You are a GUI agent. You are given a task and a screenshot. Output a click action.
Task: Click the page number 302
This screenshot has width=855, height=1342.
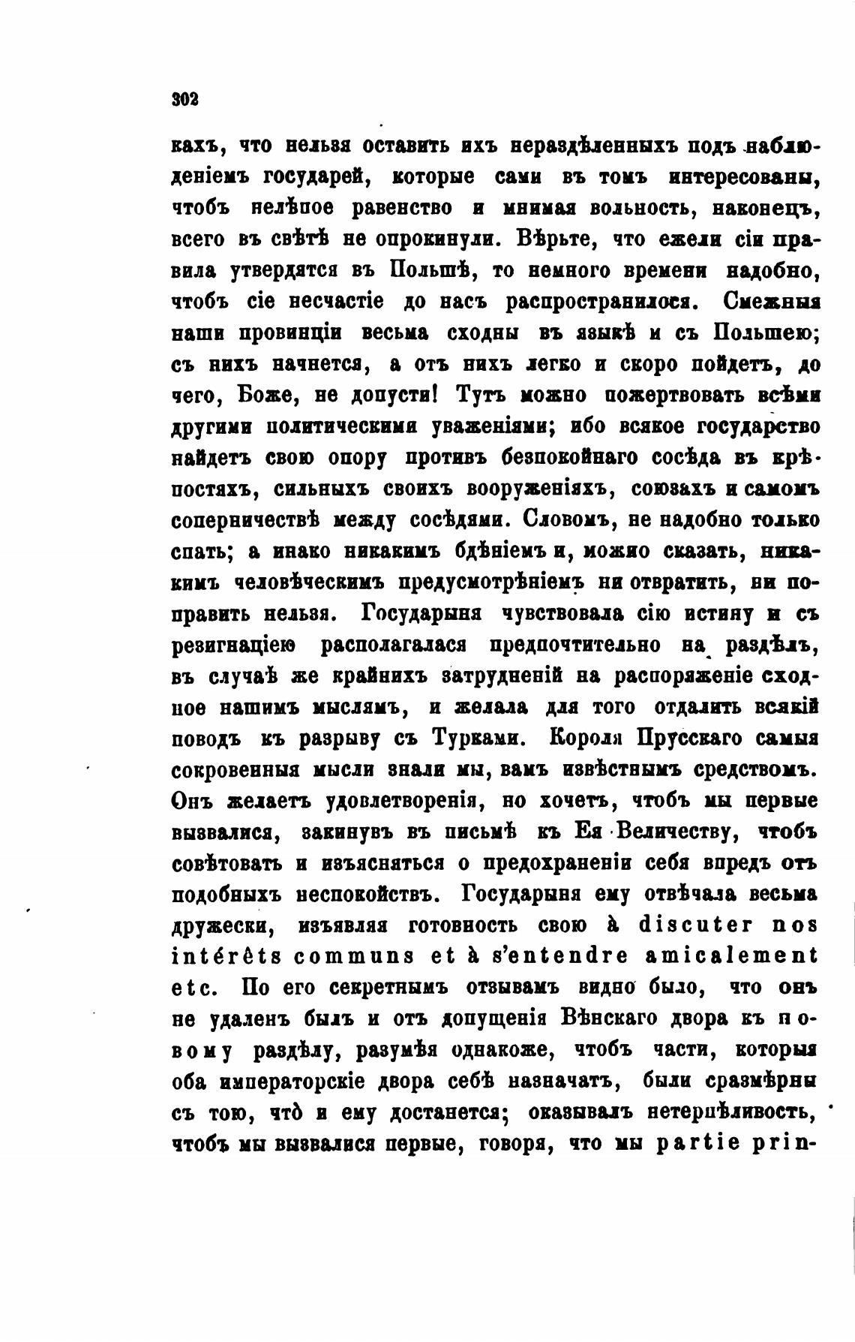click(x=184, y=99)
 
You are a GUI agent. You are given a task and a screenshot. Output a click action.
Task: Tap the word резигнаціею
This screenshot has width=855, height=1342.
click(x=235, y=645)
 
